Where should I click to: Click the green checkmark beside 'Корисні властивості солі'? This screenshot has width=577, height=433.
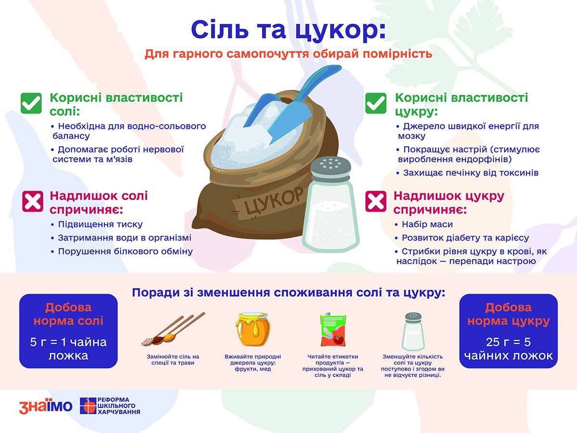tap(31, 103)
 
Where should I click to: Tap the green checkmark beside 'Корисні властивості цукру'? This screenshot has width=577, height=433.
tap(376, 103)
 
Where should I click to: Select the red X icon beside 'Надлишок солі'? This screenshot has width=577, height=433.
tap(33, 202)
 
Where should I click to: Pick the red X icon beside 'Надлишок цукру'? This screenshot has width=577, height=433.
tap(376, 202)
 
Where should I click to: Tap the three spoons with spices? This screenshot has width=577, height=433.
tap(173, 329)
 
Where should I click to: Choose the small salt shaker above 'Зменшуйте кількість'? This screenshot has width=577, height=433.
tap(413, 331)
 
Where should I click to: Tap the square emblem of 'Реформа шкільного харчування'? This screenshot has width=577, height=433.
tap(88, 406)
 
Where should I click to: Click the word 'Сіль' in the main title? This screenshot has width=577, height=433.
tap(220, 29)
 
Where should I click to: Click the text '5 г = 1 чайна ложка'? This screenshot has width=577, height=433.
tap(68, 349)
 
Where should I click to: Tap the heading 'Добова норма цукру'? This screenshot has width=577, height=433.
tap(508, 314)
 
